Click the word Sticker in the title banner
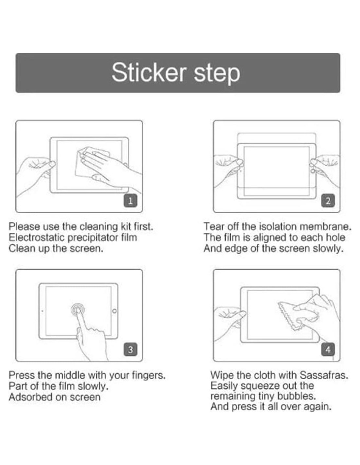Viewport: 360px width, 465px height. click(149, 72)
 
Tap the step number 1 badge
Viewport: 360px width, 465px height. click(131, 200)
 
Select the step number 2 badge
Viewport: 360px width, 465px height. click(328, 200)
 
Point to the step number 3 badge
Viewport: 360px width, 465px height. click(131, 350)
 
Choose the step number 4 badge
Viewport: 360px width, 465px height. click(328, 350)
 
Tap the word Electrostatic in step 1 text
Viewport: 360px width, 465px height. click(36, 237)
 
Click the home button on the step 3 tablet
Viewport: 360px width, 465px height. click(114, 311)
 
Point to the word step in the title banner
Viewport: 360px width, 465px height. click(217, 74)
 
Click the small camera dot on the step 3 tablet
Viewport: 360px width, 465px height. click(43, 311)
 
